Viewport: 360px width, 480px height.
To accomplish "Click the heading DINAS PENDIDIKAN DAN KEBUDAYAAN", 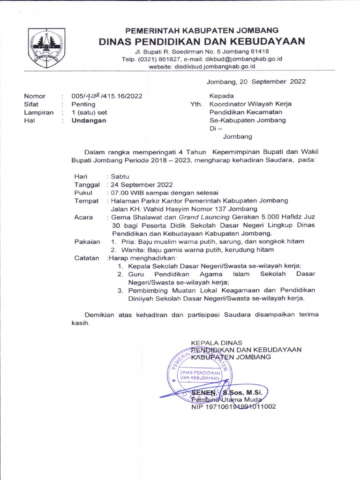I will click(202, 41).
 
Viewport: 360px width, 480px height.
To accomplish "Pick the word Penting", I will click(83, 104).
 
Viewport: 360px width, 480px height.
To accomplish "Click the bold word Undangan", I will click(89, 120).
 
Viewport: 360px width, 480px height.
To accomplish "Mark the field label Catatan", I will click(87, 258).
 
